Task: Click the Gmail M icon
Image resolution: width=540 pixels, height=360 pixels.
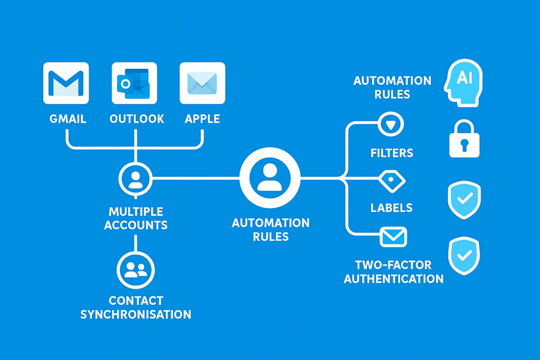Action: coord(66,83)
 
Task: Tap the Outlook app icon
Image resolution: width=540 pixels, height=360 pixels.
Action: coord(134,83)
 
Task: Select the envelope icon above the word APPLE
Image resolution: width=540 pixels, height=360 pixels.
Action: coord(202,83)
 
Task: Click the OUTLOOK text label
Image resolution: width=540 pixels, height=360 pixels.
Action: coord(137,119)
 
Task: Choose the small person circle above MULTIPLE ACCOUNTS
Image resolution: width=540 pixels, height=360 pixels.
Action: coord(135,179)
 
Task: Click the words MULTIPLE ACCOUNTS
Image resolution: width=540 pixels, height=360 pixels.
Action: coord(135,218)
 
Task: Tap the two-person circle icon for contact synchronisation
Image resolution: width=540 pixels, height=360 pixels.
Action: coord(135,270)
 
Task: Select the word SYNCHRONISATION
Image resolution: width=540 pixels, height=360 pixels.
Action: coord(135,314)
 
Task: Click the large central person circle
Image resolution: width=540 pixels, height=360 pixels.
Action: coord(270,179)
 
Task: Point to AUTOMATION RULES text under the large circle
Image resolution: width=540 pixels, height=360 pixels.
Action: coord(270,229)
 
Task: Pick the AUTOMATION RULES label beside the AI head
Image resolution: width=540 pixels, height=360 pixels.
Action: coord(392,87)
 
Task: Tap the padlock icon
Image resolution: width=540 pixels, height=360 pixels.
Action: coord(465,139)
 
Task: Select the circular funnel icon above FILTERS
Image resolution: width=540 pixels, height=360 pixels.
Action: coord(391,123)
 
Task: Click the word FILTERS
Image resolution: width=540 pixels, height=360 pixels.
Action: coord(392,153)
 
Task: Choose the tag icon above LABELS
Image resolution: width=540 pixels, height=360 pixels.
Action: coord(392,180)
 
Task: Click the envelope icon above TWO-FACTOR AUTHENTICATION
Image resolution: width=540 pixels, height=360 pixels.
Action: coord(393,236)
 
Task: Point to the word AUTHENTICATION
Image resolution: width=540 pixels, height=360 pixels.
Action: coord(394,279)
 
